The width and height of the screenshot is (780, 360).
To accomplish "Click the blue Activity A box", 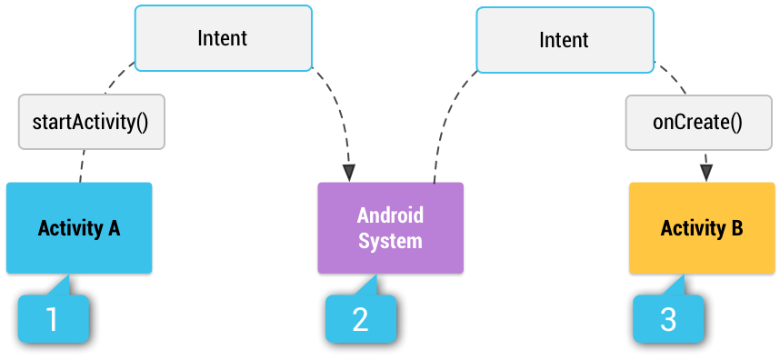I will pos(78,227).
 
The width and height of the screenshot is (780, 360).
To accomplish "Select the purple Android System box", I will pos(390,228).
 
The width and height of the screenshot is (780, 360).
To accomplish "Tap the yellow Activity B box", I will pos(701,228).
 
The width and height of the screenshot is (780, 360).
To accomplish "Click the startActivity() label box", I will pos(91,121).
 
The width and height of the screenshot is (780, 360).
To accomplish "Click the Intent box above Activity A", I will pos(222,39).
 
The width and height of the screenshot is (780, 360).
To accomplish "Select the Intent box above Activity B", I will pos(564,40).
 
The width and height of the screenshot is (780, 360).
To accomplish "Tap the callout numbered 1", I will pos(53,318).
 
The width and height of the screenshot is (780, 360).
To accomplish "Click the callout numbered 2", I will pos(361,318).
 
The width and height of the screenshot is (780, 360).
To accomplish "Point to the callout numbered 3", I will pos(668,318).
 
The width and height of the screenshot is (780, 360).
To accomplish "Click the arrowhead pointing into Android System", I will pos(348,172).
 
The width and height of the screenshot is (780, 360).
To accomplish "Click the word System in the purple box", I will pos(390,241).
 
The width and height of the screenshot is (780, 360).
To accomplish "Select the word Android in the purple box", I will pos(390,216).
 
